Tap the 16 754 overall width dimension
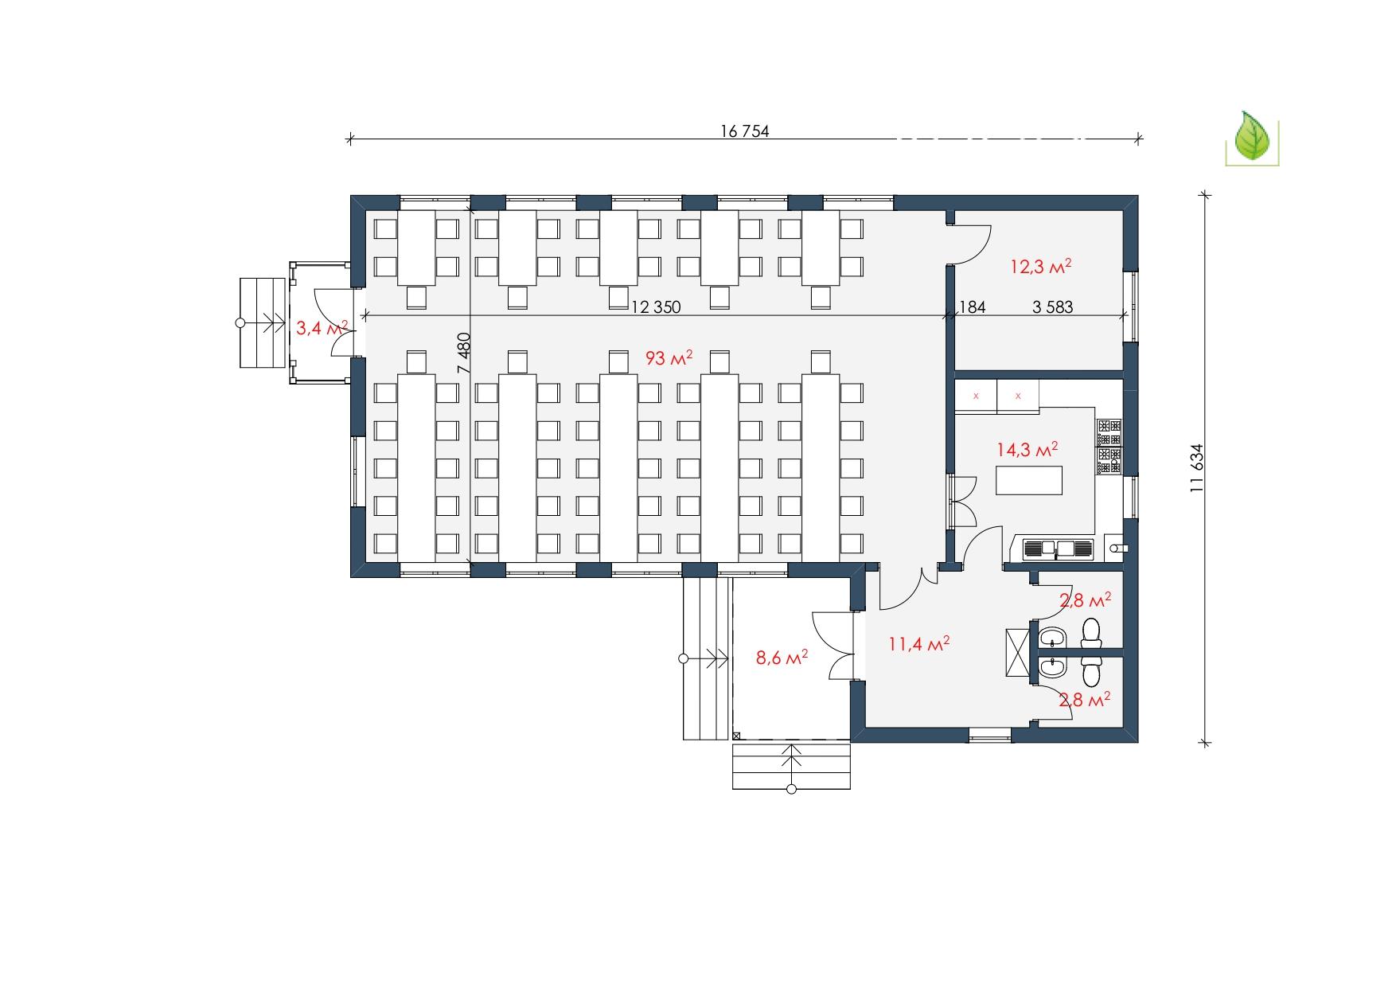point(745,131)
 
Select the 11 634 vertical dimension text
point(1197,468)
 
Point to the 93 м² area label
point(669,358)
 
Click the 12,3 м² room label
point(1040,266)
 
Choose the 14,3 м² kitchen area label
point(1028,450)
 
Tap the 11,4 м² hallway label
point(918,644)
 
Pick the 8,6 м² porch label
point(782,658)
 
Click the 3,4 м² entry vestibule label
point(322,327)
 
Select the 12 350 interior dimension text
point(656,307)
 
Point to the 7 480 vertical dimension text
point(464,353)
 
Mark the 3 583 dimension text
point(1053,307)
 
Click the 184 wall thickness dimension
point(973,307)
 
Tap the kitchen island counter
point(1030,480)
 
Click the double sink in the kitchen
point(1058,548)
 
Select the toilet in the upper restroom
point(1091,632)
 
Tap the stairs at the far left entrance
point(263,322)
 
